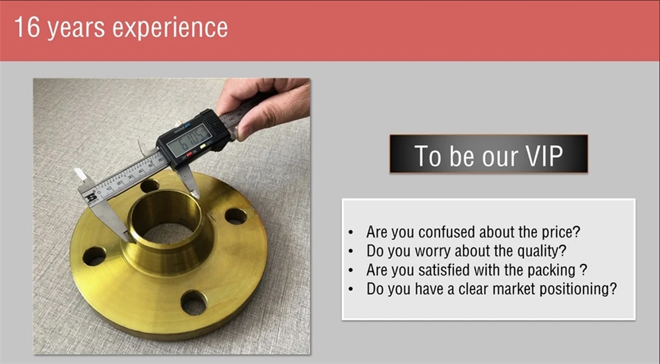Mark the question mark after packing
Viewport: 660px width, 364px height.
point(584,270)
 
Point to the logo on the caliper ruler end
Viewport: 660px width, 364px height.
point(91,196)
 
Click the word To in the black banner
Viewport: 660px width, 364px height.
point(428,155)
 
